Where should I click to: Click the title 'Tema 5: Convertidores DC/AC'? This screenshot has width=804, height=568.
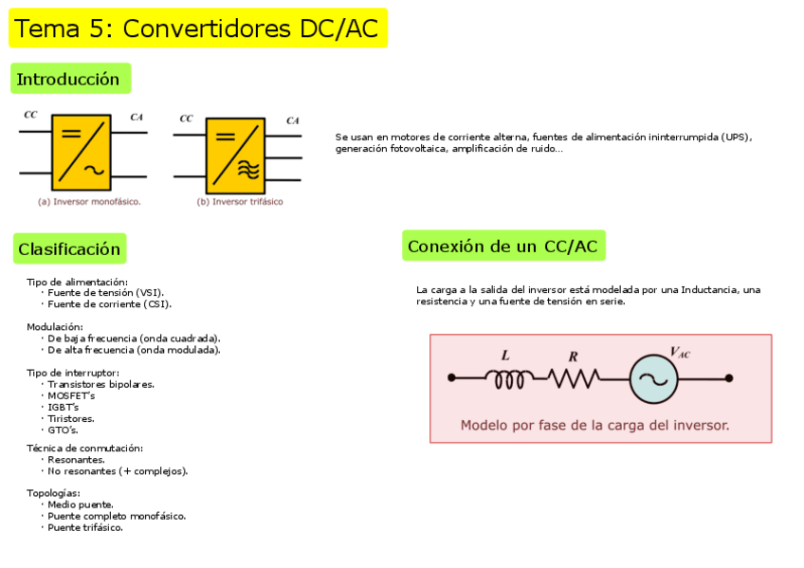(197, 28)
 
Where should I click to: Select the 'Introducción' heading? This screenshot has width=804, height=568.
(69, 79)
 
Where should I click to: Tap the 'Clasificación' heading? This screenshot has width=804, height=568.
(69, 249)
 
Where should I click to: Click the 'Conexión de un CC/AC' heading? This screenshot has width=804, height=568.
(502, 247)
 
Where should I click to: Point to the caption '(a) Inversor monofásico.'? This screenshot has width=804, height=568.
(89, 202)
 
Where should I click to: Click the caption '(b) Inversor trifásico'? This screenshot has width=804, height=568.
(239, 202)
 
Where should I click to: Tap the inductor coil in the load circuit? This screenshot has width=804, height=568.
(506, 378)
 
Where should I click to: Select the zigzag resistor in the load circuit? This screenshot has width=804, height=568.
(573, 378)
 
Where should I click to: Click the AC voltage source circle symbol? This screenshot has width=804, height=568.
(653, 378)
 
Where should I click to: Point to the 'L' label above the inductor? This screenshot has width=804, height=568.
(505, 356)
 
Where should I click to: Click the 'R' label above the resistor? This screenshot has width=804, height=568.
(573, 357)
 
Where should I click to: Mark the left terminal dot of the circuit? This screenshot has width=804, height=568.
(451, 378)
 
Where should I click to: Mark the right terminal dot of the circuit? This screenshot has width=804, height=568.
(728, 378)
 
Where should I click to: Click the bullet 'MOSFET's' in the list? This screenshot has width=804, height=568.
(71, 395)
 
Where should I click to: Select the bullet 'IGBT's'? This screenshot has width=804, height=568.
(64, 407)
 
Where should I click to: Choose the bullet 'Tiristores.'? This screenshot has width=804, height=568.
(71, 418)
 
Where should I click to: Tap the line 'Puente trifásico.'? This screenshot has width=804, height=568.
(85, 527)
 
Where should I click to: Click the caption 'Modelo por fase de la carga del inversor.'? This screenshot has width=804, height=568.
(594, 426)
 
